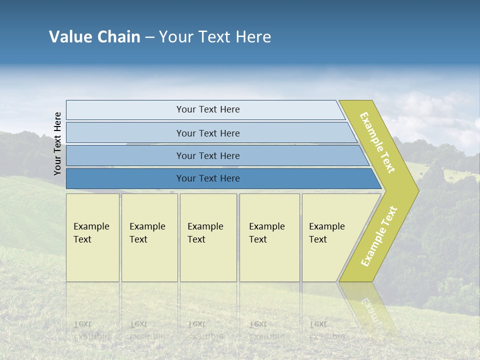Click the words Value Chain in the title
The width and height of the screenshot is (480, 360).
click(x=94, y=37)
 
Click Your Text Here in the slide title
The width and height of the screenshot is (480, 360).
click(x=215, y=37)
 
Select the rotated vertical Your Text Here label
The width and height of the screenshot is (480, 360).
click(x=57, y=143)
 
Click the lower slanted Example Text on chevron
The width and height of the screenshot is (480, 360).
click(x=378, y=236)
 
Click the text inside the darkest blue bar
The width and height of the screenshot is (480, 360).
click(x=208, y=178)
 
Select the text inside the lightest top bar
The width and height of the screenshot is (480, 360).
click(x=208, y=109)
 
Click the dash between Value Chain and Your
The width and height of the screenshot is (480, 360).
click(x=149, y=37)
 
